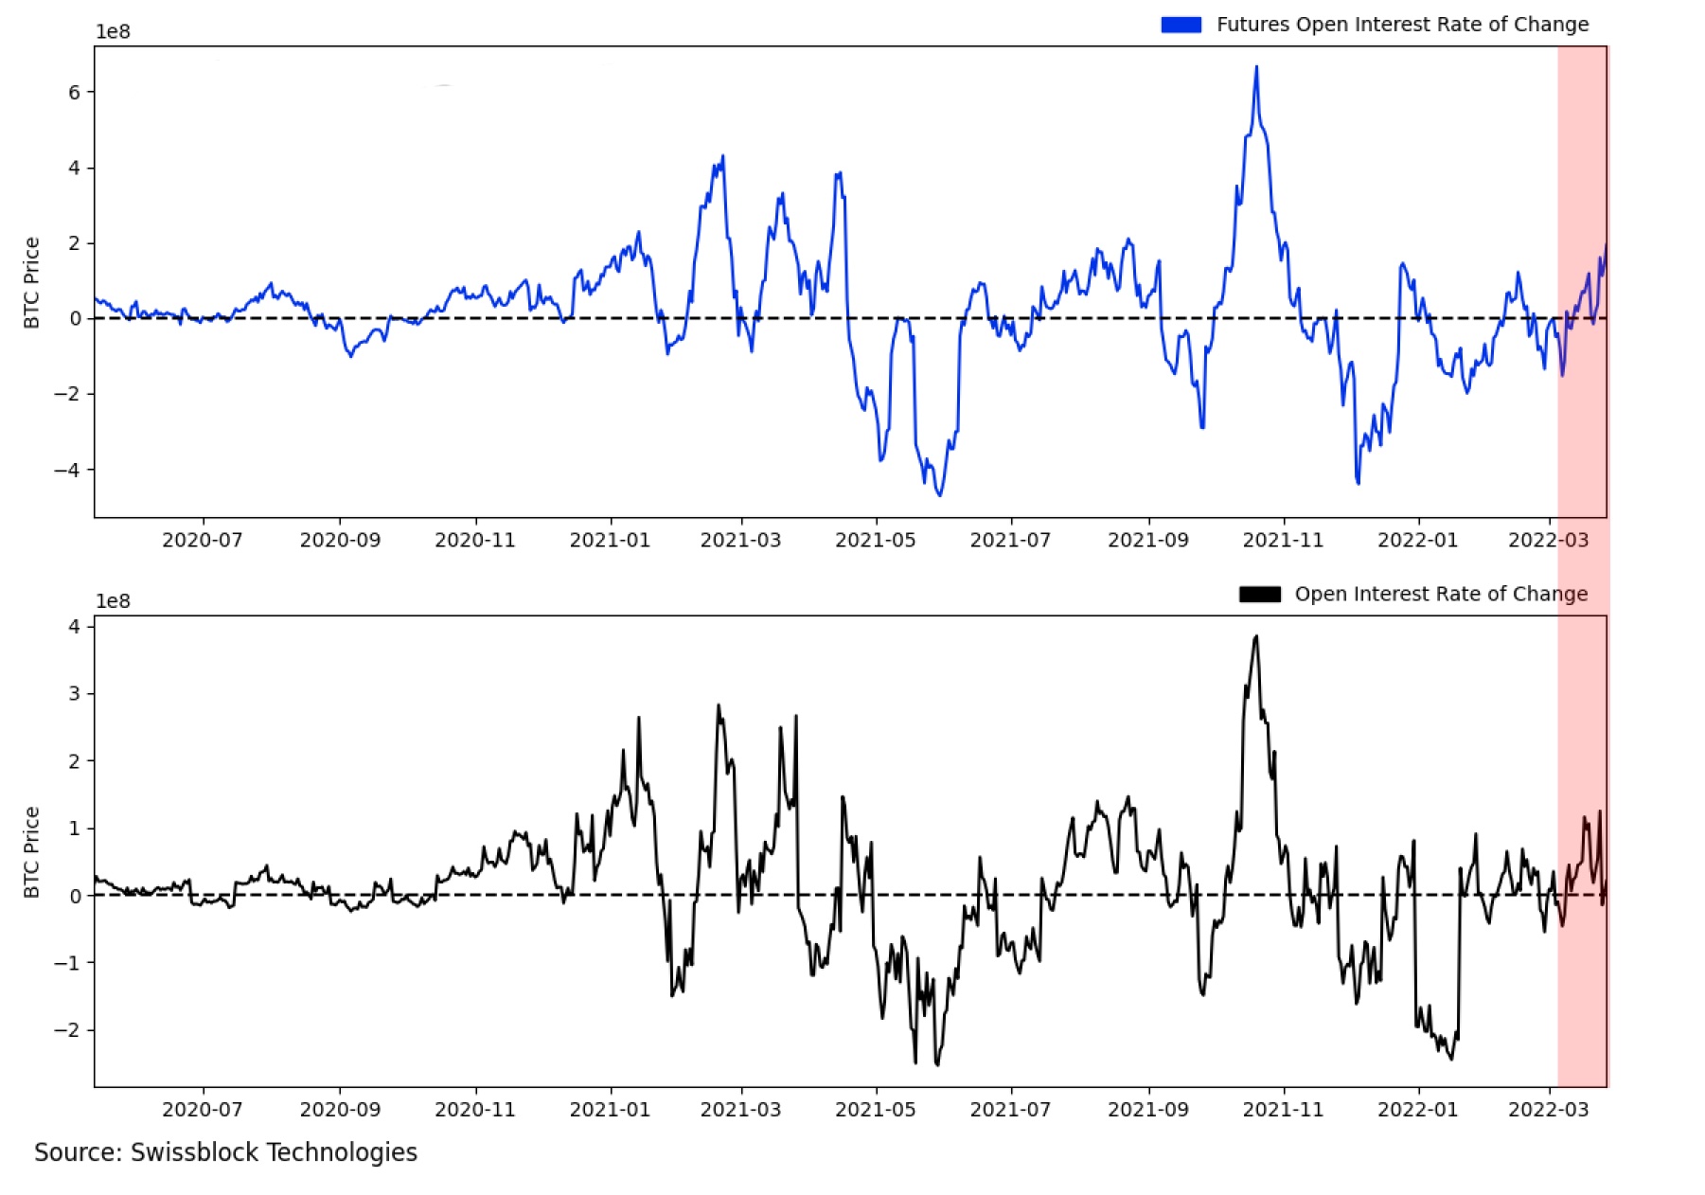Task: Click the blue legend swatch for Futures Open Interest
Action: tap(1181, 25)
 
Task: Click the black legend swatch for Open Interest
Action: tap(1259, 594)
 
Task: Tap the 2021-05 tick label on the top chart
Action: tap(875, 540)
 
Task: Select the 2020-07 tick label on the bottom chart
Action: tap(202, 1109)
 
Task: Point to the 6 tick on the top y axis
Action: tap(75, 92)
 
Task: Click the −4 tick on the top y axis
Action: tap(67, 470)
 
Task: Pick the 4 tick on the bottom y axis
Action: tap(75, 626)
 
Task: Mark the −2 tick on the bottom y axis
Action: tap(67, 1029)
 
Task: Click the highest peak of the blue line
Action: tap(1256, 67)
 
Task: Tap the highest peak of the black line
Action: tap(1256, 636)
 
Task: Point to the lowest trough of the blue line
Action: tap(939, 494)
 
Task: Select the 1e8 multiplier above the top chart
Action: tap(113, 31)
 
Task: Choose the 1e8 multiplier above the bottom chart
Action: tap(113, 601)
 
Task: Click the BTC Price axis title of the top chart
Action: tap(31, 282)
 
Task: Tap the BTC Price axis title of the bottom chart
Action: tap(31, 852)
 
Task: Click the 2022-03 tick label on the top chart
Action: tap(1548, 540)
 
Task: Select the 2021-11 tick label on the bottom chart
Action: tap(1283, 1109)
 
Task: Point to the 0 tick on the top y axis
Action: tap(75, 318)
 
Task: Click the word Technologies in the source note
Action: tap(342, 1152)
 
